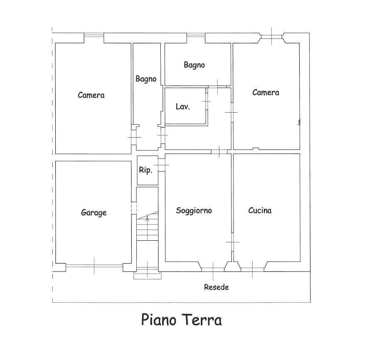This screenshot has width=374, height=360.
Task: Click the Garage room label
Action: click(x=94, y=212)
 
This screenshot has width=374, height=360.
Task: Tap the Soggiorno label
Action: click(x=194, y=211)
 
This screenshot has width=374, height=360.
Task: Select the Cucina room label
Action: click(x=260, y=210)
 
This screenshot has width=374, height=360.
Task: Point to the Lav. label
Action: click(x=183, y=107)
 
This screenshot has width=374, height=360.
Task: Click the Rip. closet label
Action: click(x=145, y=170)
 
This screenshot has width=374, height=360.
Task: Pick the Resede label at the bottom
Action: click(x=217, y=287)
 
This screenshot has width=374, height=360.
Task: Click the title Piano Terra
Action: click(x=182, y=320)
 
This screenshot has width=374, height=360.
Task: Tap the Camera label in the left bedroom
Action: click(x=91, y=95)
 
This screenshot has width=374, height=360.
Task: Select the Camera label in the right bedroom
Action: click(x=266, y=93)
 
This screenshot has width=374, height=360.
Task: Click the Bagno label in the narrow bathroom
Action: click(x=146, y=79)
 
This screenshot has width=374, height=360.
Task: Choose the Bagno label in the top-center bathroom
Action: click(x=194, y=65)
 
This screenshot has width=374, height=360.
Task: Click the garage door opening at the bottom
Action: click(x=94, y=265)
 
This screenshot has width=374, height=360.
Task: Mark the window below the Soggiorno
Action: click(x=213, y=269)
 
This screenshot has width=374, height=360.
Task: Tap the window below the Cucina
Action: click(x=252, y=269)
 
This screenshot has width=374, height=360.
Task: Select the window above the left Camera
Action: click(x=94, y=35)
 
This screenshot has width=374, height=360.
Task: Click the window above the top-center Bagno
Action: click(x=196, y=35)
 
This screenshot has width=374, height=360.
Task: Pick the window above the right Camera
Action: click(x=272, y=37)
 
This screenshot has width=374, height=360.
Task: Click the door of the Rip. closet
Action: click(x=162, y=165)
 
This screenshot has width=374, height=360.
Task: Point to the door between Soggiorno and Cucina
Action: click(x=232, y=242)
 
